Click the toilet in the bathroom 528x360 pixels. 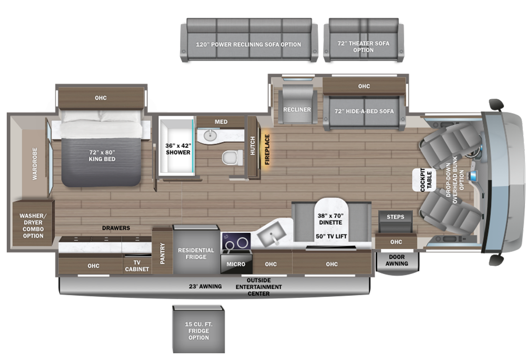(x=233, y=157)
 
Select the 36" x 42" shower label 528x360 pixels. (x=178, y=149)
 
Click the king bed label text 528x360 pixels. (x=102, y=156)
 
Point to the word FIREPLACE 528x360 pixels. (x=267, y=150)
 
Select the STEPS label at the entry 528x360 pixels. (x=396, y=217)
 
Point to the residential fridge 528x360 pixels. (x=196, y=249)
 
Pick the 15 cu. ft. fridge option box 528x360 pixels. (x=199, y=329)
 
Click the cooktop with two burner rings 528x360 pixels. (x=236, y=243)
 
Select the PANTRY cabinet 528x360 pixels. (x=162, y=251)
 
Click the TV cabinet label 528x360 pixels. (x=137, y=266)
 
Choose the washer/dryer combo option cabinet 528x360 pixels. (x=33, y=224)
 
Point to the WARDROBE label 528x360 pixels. (x=35, y=164)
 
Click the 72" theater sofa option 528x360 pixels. (x=363, y=40)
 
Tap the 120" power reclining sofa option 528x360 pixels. (x=249, y=40)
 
